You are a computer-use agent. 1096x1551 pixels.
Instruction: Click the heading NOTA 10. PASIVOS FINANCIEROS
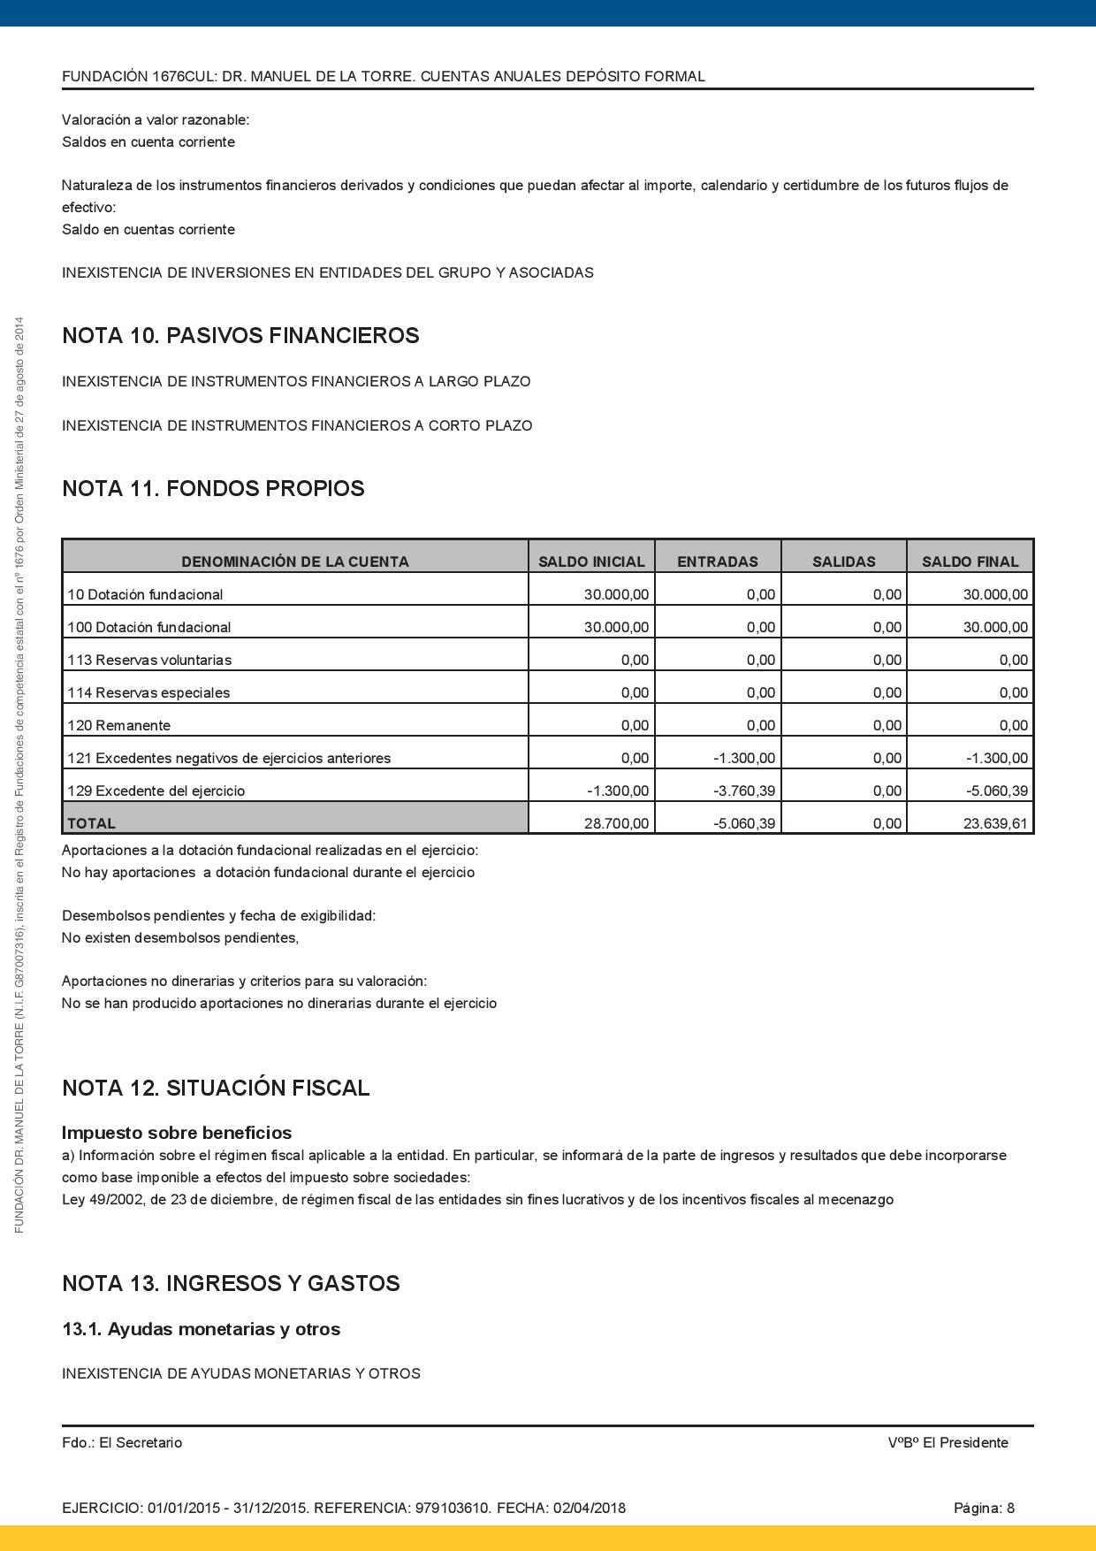click(240, 336)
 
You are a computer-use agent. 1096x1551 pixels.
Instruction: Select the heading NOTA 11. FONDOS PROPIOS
click(213, 489)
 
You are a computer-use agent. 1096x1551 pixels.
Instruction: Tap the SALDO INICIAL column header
click(591, 562)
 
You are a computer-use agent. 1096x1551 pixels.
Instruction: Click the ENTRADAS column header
click(717, 562)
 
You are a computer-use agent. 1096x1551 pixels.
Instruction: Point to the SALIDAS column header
click(843, 562)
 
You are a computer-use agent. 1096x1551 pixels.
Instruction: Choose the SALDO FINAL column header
click(970, 562)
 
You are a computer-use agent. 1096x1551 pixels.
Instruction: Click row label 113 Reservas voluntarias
click(149, 660)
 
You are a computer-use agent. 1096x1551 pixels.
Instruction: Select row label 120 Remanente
click(118, 725)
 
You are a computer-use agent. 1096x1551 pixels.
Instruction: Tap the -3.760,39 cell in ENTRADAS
click(743, 791)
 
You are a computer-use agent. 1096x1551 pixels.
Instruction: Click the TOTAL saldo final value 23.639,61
click(995, 823)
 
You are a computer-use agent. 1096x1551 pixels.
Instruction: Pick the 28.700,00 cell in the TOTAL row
click(616, 823)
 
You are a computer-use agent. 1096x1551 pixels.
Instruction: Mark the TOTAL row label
click(92, 823)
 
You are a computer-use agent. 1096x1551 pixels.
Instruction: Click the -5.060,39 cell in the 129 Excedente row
click(996, 791)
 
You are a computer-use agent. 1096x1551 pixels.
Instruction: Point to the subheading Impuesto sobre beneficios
click(177, 1133)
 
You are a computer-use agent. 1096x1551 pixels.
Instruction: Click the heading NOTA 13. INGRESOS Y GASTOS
click(231, 1284)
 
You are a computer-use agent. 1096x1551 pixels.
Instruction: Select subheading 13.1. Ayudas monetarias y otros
click(201, 1329)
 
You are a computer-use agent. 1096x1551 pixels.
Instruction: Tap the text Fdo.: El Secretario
click(122, 1442)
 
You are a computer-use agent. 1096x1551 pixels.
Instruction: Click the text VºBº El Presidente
click(948, 1442)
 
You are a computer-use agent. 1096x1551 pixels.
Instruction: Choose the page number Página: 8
click(984, 1508)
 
